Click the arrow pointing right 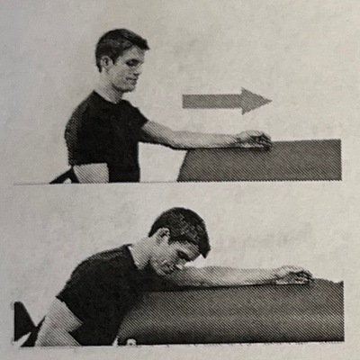(225, 100)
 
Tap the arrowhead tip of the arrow (270, 100)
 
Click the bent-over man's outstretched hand (293, 274)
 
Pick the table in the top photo (261, 162)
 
